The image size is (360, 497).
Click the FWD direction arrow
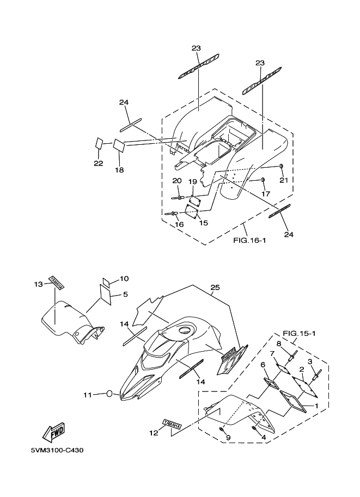[53, 433]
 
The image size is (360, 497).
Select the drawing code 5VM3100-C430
[57, 450]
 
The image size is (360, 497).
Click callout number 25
[215, 287]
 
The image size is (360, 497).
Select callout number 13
[38, 284]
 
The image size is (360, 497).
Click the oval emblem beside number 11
[109, 394]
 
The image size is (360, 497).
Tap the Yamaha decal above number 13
[56, 281]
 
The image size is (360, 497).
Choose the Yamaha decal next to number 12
[171, 423]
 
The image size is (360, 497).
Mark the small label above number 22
[99, 144]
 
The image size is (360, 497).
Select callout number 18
[119, 170]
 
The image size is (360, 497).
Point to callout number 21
[283, 180]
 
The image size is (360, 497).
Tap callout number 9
[228, 437]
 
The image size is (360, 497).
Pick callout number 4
[263, 437]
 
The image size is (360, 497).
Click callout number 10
[124, 279]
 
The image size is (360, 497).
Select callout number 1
[315, 406]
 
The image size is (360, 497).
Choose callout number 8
[278, 343]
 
